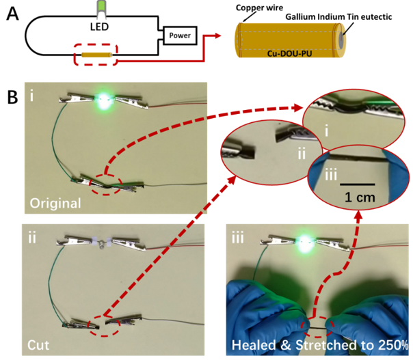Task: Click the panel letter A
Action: pos(12,14)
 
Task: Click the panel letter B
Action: pos(12,98)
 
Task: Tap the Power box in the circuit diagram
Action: pos(180,36)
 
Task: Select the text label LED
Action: pos(99,27)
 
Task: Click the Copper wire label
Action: pos(259,8)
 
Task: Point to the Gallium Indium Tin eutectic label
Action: pos(338,17)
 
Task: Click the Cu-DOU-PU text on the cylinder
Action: pos(289,54)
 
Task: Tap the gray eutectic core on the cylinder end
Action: pos(341,40)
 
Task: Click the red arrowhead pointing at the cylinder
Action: pos(217,36)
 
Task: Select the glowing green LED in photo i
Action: pos(103,101)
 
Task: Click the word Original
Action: pos(55,204)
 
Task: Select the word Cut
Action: pos(38,345)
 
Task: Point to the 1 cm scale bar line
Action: pos(358,184)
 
